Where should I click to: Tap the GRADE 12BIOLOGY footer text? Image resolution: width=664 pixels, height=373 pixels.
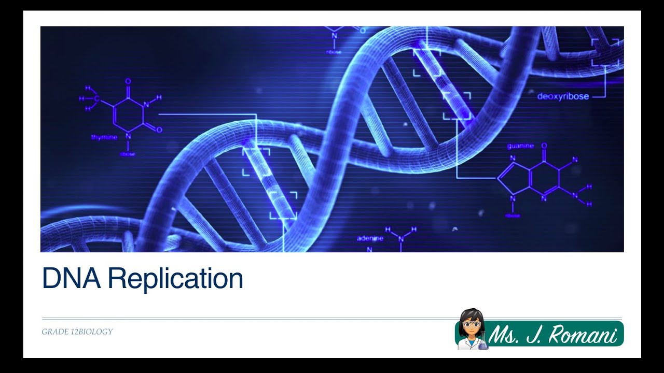point(77,332)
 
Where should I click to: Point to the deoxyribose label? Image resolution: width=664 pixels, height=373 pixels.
point(563,96)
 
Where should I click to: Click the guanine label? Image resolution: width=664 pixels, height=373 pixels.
point(520,146)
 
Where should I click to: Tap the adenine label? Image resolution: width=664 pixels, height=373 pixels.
point(370,238)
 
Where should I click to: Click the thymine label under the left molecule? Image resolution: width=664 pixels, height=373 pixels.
point(104,137)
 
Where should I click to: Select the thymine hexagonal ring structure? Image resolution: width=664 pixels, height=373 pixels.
point(129,112)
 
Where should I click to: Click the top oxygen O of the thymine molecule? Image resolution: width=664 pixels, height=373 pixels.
point(128,81)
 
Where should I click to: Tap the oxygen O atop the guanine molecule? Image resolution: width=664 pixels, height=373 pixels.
point(544,146)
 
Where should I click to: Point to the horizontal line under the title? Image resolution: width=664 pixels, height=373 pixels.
point(332,318)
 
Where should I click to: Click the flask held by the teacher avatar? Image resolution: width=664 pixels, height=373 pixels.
point(484,343)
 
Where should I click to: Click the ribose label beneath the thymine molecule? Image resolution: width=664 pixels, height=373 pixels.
point(128,154)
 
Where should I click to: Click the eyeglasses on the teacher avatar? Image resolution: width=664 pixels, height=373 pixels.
point(471,324)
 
